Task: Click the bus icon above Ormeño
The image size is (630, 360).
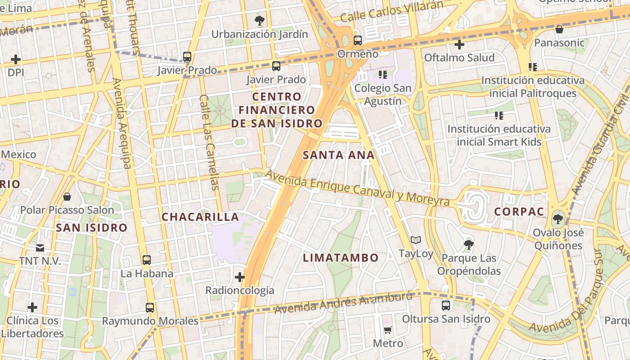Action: (x=358, y=40)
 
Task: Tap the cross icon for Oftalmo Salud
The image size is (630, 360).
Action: (x=459, y=45)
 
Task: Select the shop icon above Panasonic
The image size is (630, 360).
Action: (x=559, y=30)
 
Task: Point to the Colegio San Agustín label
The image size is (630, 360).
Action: (x=383, y=94)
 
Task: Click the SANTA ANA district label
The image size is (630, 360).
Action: (x=338, y=155)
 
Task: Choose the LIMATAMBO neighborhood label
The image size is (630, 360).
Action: (x=341, y=258)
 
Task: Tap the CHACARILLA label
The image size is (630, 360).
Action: (x=200, y=217)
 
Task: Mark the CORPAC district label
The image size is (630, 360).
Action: (x=519, y=211)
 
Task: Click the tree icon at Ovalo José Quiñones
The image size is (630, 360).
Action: (x=558, y=219)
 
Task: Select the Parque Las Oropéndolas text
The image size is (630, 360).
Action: (x=469, y=265)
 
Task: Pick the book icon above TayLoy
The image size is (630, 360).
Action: (x=415, y=240)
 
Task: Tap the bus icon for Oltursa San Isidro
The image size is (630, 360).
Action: (x=445, y=306)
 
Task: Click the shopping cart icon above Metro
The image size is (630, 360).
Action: (x=387, y=330)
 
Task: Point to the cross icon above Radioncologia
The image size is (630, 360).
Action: (x=240, y=277)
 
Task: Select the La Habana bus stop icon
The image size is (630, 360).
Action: (x=147, y=260)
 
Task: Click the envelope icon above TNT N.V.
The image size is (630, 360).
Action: (x=40, y=247)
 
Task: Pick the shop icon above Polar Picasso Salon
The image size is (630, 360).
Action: (x=67, y=197)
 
